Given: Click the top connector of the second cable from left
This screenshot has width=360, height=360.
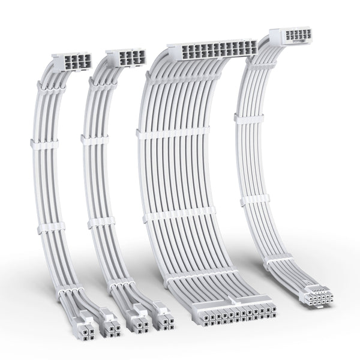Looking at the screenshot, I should click(125, 59).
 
